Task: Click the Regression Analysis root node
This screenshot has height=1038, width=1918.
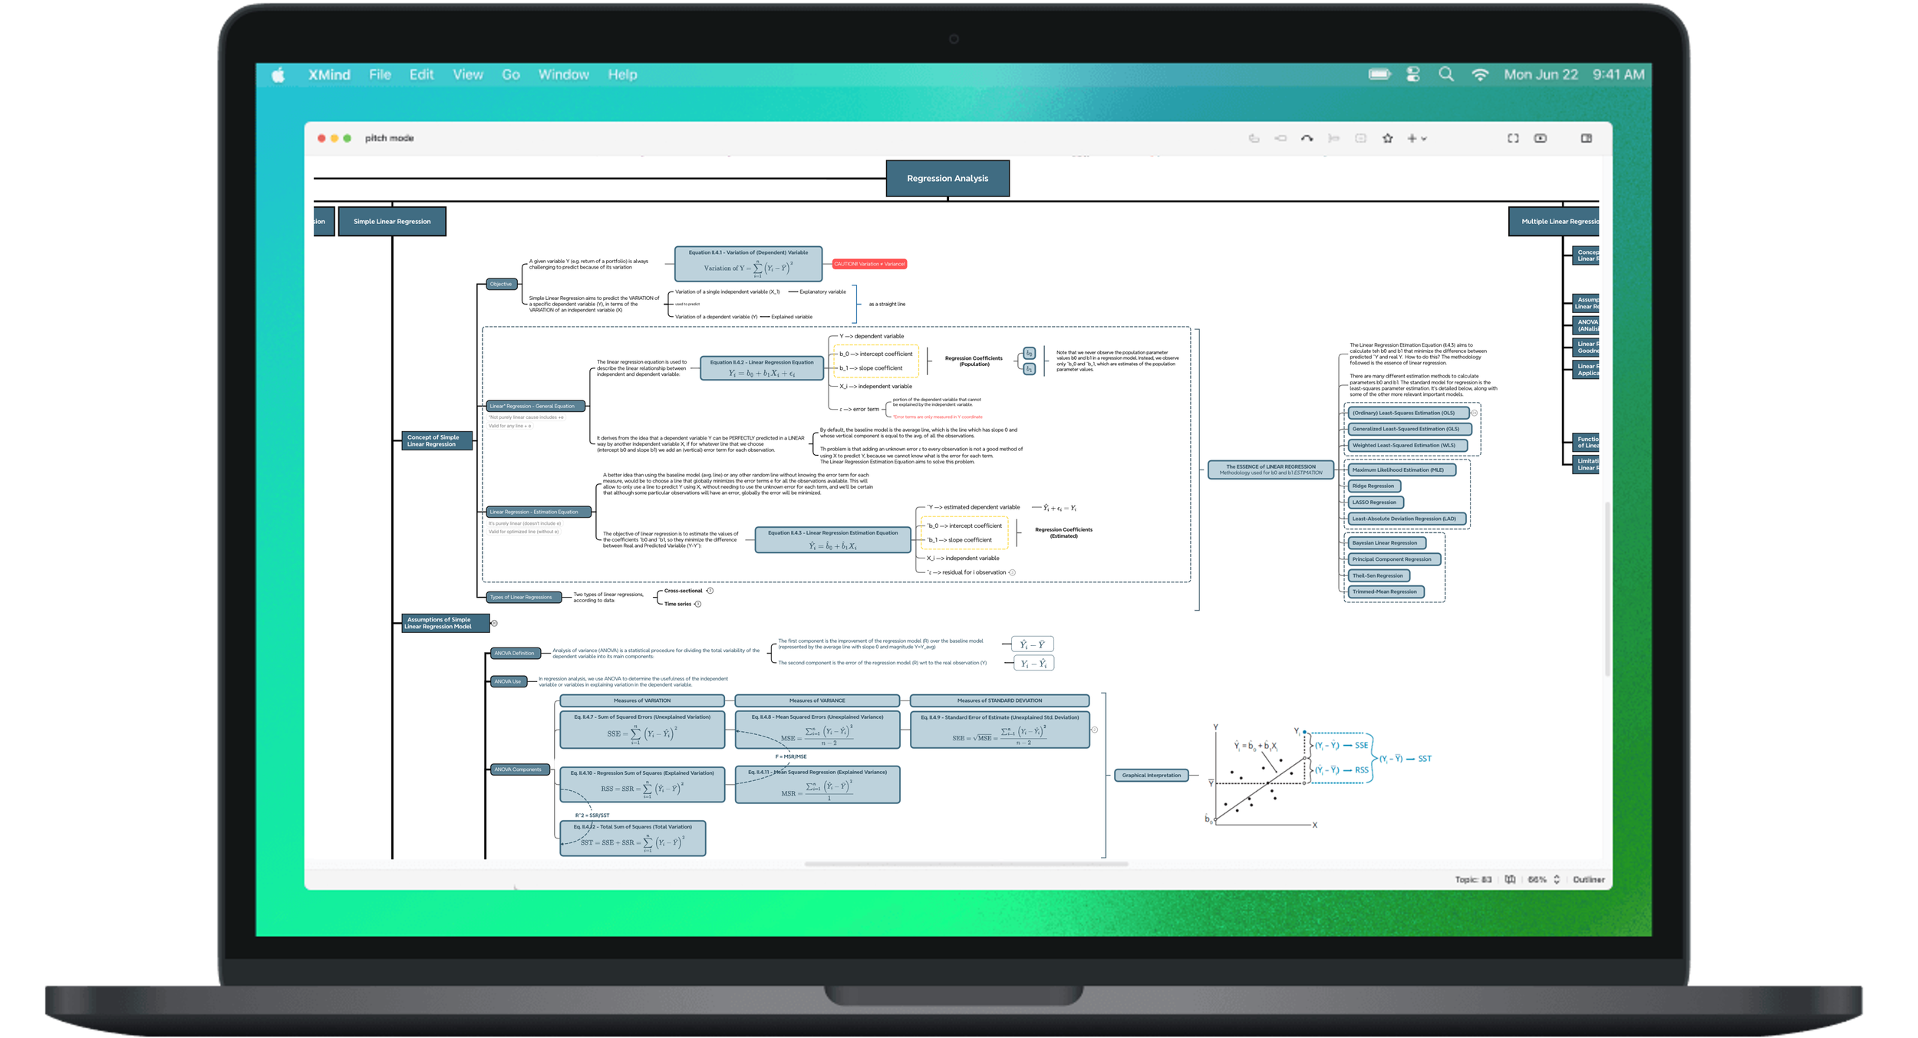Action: (947, 178)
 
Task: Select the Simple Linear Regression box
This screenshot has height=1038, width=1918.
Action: (392, 222)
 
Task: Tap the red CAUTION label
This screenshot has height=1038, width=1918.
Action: (869, 264)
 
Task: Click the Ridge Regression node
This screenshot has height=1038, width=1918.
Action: (1373, 486)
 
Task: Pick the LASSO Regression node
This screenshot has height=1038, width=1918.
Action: (1374, 503)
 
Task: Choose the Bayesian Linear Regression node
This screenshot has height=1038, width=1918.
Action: (1385, 543)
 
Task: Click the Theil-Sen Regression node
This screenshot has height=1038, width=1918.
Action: (1378, 575)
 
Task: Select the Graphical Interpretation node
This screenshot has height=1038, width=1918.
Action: (1151, 776)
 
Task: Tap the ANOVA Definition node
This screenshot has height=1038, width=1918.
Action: (514, 654)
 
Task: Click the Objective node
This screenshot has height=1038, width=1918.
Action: (501, 285)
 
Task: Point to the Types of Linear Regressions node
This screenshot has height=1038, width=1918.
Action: (521, 597)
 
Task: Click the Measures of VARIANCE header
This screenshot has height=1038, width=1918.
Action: (817, 700)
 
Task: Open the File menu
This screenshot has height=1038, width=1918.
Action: (380, 74)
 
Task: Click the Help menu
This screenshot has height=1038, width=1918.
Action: (622, 74)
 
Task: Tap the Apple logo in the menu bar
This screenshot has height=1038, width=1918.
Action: (278, 74)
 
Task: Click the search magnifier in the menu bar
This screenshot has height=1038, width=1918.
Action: (1445, 74)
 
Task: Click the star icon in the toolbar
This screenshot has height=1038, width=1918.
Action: (1387, 139)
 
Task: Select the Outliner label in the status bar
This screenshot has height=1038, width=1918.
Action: (1588, 880)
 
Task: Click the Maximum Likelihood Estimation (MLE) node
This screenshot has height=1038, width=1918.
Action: (1398, 470)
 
